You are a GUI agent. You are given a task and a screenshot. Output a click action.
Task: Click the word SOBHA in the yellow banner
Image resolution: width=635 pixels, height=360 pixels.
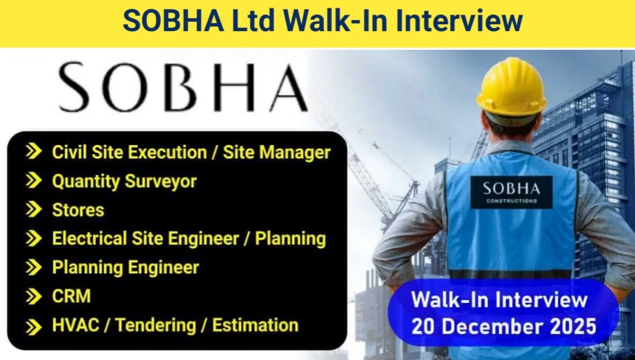tap(166, 22)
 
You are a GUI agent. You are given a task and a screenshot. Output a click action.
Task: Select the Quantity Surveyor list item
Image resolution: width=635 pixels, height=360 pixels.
tap(124, 181)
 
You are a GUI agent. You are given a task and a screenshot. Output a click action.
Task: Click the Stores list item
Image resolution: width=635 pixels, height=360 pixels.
tap(78, 210)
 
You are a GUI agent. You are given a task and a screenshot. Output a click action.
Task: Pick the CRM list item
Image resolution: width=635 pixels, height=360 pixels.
tap(71, 296)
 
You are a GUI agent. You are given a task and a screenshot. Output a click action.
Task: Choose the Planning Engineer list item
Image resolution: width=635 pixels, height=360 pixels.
tap(125, 267)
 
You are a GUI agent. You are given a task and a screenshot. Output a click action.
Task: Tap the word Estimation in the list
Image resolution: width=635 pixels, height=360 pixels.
tap(255, 325)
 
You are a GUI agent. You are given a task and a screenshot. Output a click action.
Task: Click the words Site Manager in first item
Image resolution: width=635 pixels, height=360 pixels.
tap(277, 152)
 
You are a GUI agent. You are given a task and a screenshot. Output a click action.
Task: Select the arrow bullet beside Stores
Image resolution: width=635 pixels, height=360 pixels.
tap(34, 210)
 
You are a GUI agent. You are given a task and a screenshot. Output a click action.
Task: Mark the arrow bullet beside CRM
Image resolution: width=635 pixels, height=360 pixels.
tap(34, 296)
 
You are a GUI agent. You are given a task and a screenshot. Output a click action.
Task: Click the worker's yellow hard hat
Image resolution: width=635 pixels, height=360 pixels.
tap(511, 87)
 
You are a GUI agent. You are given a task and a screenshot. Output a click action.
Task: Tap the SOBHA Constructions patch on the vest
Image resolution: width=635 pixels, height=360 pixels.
tap(511, 192)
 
